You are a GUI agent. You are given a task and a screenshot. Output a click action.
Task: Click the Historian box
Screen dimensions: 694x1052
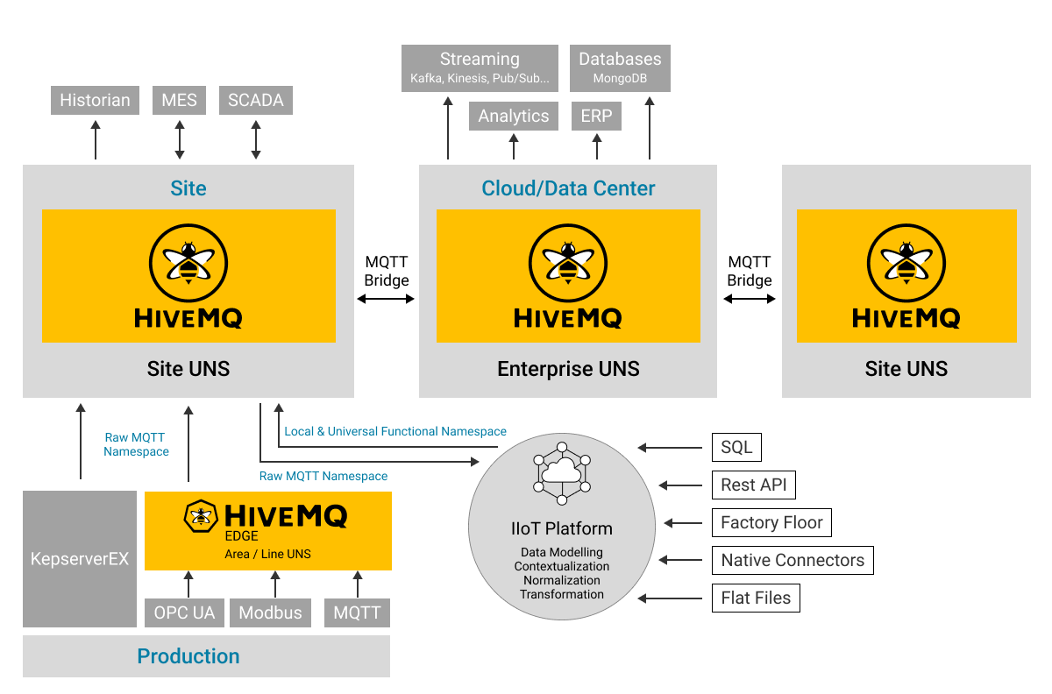pos(95,100)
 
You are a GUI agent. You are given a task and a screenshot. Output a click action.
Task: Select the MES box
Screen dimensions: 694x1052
pos(180,100)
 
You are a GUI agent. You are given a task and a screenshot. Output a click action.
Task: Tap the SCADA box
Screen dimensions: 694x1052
pos(255,100)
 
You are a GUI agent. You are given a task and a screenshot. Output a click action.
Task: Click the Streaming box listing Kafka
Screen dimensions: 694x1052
pos(480,67)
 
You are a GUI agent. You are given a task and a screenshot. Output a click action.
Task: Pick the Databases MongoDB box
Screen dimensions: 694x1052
pos(620,67)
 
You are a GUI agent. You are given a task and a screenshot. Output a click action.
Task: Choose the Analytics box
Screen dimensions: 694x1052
pos(514,117)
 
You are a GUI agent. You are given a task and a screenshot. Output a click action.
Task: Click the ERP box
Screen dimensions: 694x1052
pos(597,117)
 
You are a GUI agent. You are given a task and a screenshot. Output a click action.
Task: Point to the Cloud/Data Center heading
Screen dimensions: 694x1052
pos(568,188)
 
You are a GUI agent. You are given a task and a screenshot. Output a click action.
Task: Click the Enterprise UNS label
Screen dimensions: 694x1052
pos(568,369)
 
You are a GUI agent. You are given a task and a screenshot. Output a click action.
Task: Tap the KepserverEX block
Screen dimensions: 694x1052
pos(80,558)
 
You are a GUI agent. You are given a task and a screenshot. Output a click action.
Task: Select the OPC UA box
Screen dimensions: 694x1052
pos(184,613)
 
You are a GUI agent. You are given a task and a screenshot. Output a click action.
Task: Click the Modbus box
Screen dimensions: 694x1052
pos(270,613)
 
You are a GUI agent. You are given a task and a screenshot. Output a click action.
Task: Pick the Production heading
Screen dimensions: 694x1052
pos(188,656)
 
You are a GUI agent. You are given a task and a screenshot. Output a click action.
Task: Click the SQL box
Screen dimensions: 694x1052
pos(736,447)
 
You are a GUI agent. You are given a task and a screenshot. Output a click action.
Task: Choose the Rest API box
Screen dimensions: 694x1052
pos(753,485)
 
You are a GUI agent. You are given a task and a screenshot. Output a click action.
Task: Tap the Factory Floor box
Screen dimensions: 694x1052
pos(771,522)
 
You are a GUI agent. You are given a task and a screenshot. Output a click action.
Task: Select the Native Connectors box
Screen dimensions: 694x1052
pos(792,560)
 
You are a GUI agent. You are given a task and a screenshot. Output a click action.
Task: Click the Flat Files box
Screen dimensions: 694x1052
pos(756,598)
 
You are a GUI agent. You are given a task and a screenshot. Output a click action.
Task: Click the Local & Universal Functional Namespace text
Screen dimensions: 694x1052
pos(395,431)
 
